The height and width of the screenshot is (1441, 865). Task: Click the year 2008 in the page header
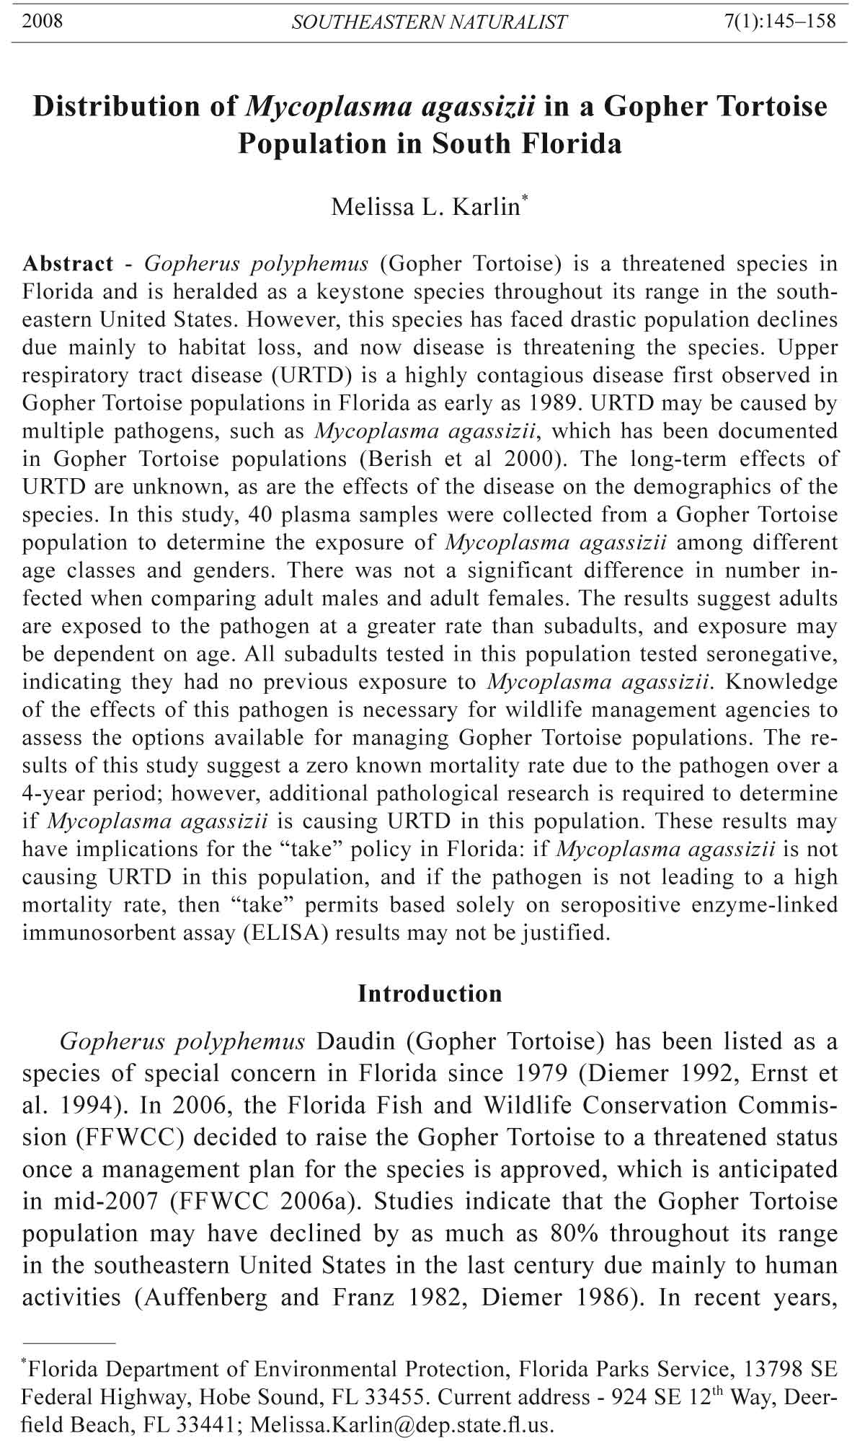[x=43, y=21]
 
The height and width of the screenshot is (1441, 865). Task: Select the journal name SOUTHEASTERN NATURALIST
[x=429, y=22]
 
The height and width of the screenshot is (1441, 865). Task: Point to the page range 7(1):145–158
[x=779, y=21]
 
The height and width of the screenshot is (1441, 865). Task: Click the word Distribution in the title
[x=135, y=107]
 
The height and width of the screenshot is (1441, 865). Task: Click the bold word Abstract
[x=68, y=264]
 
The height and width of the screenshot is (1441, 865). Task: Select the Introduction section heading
[x=430, y=994]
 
